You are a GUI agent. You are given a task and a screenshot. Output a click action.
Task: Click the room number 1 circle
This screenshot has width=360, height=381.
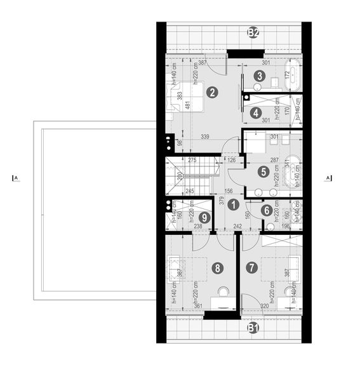tap(234, 204)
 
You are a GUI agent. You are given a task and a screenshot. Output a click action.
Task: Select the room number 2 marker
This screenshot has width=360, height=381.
tap(213, 91)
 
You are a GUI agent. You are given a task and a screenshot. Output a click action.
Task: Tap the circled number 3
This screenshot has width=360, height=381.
tap(258, 76)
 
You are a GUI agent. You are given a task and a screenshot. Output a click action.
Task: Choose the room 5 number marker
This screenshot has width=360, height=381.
tap(263, 171)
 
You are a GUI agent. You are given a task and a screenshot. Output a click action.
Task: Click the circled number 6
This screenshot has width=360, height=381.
tap(267, 210)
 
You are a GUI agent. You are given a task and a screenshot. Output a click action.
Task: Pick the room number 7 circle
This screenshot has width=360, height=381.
tap(252, 268)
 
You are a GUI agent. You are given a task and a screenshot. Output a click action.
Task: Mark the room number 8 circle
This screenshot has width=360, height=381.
tap(218, 269)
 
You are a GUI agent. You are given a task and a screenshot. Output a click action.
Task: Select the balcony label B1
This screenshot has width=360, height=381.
tap(253, 328)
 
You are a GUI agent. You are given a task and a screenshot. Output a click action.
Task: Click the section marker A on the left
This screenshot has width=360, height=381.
tap(15, 178)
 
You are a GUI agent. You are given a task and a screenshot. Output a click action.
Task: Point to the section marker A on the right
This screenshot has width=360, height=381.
tap(328, 178)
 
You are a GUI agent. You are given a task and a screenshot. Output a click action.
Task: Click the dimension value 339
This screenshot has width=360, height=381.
tap(204, 137)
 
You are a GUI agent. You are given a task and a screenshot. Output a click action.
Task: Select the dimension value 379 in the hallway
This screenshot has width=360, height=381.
tap(222, 203)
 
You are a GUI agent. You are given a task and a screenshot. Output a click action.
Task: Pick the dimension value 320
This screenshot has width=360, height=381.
tap(264, 306)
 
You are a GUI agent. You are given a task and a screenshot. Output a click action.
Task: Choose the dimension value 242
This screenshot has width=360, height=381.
tap(237, 225)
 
